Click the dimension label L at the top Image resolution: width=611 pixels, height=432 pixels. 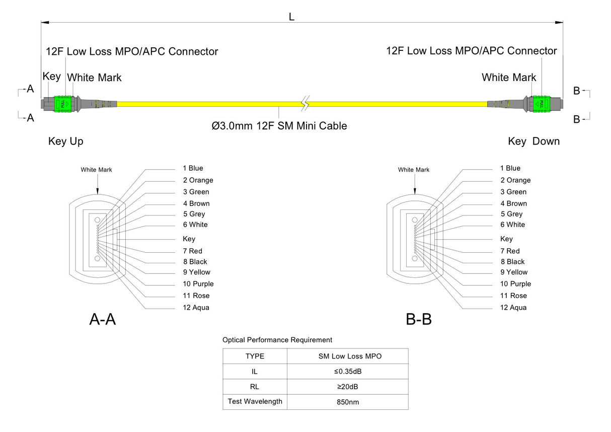coord(291,17)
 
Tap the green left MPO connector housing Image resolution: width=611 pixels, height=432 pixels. coord(62,104)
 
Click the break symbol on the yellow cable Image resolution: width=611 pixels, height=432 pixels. coord(304,104)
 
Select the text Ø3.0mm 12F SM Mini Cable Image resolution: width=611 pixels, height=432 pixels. coord(279,126)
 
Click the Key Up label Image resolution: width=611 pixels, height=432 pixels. coord(66,141)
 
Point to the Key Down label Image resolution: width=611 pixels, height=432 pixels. coord(533,141)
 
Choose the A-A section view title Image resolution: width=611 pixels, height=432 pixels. coord(103,319)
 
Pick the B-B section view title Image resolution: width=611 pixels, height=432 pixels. coord(419,319)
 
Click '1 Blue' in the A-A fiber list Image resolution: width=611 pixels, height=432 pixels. coord(193,168)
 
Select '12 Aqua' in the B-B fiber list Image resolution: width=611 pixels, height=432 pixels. coord(513,308)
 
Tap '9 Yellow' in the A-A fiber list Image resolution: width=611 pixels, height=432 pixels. coord(197,272)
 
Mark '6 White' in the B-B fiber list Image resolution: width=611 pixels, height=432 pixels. coord(512,225)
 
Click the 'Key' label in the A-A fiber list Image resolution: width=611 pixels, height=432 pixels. coord(189,239)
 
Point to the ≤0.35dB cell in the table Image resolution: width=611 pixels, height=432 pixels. coord(348,372)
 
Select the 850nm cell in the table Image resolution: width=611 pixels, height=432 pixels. coord(348,402)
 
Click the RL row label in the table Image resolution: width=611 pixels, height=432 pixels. coord(255,387)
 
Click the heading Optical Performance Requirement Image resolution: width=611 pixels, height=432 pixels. coord(277,340)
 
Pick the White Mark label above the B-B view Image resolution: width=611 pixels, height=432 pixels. coord(414,170)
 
